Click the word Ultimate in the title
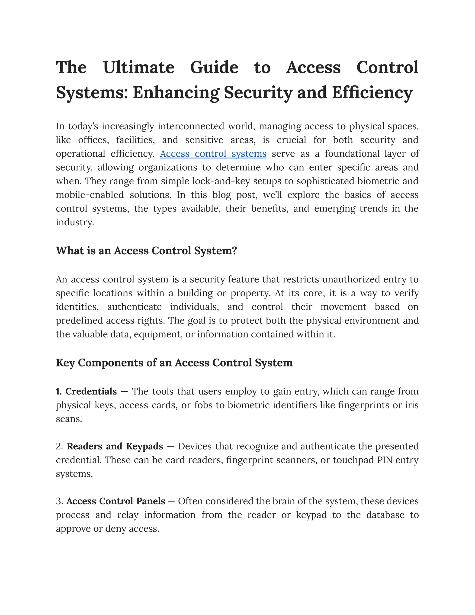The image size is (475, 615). [x=139, y=68]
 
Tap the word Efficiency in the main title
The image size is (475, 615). [x=372, y=93]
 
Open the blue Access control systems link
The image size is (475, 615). [x=213, y=154]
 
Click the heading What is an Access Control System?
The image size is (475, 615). [x=146, y=251]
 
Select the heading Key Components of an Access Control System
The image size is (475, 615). [x=174, y=363]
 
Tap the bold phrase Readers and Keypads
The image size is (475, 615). [x=115, y=446]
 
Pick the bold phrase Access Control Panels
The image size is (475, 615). [x=116, y=501]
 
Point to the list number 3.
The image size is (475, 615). [x=59, y=501]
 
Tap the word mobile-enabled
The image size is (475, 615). [x=90, y=195]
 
